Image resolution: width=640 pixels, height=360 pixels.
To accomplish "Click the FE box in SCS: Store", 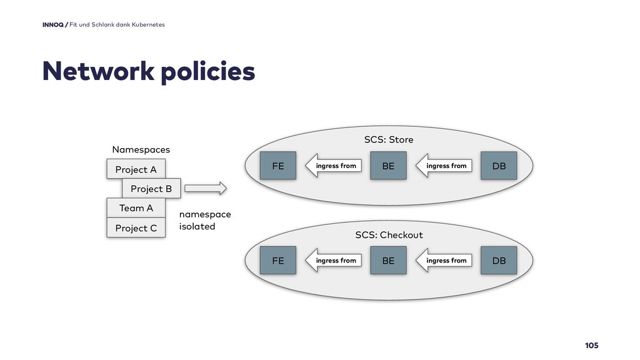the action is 278,166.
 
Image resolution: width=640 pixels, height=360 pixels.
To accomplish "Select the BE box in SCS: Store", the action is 388,166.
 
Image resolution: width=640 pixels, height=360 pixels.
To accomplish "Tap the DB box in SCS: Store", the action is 499,166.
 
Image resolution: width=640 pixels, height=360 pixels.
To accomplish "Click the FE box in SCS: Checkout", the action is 278,261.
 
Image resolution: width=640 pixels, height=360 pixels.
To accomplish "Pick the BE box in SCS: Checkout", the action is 388,261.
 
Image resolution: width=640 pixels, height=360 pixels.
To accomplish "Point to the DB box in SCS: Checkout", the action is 499,261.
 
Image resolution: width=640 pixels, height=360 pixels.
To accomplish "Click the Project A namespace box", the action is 136,169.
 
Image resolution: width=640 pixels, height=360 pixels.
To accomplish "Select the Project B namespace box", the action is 151,189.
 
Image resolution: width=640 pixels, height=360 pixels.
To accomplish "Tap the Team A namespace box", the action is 136,208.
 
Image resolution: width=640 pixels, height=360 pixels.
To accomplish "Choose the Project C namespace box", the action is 136,227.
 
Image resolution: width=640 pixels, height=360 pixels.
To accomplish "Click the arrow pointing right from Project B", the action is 205,188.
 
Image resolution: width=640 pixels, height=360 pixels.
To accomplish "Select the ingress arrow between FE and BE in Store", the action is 334,166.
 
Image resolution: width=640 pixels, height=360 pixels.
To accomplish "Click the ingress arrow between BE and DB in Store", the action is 444,166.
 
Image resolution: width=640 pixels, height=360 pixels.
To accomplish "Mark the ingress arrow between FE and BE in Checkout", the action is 334,261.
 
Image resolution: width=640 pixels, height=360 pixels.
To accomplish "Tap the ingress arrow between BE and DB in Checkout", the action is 444,261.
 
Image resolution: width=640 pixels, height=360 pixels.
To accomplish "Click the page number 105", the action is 591,345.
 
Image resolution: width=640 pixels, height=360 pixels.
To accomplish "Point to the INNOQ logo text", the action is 53,24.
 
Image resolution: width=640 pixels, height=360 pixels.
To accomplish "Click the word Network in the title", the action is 98,71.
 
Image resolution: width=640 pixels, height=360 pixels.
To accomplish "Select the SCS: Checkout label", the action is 389,235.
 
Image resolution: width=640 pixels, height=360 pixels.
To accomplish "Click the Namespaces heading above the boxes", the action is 141,149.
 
